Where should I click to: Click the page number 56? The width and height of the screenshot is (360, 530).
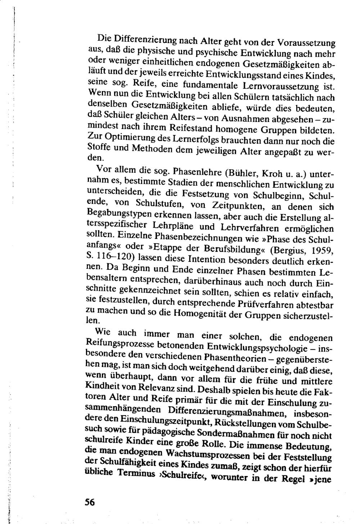(x=89, y=502)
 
